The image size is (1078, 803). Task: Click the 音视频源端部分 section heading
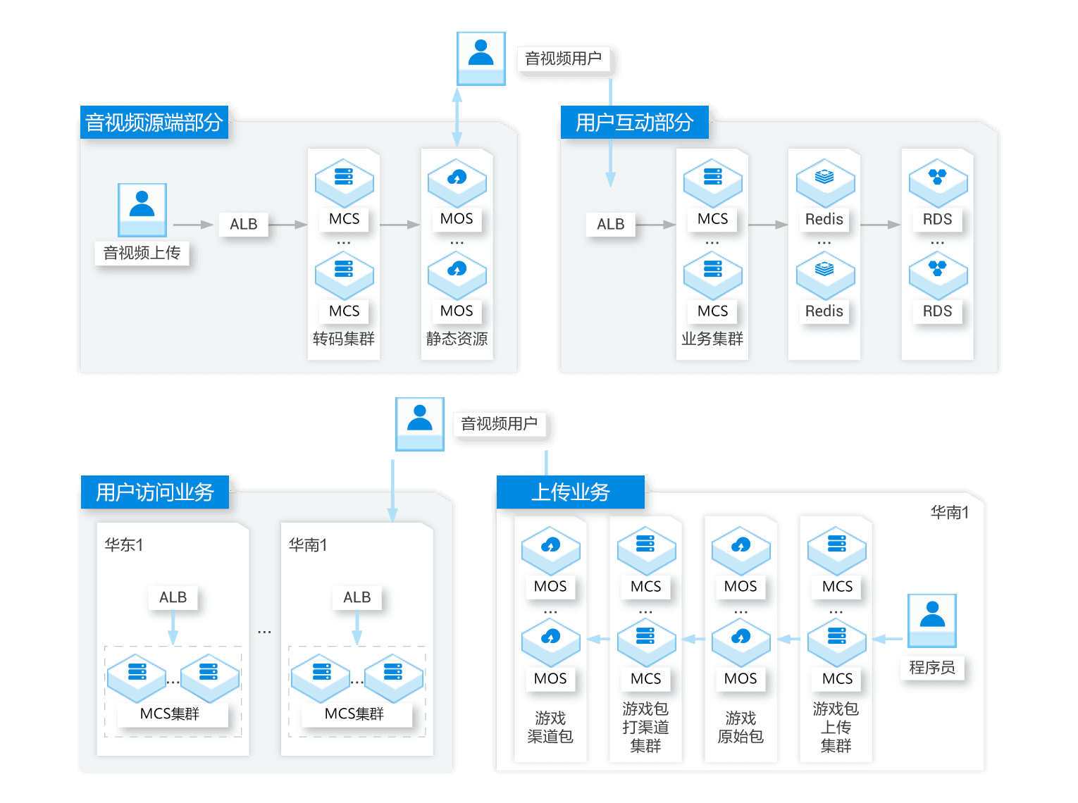click(x=154, y=123)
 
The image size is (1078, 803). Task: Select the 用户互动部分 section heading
click(x=634, y=123)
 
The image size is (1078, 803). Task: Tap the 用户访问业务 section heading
click(x=154, y=492)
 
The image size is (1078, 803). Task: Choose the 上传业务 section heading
click(x=570, y=492)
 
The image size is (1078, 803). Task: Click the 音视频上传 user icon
click(x=142, y=209)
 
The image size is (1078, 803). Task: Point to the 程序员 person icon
click(x=931, y=620)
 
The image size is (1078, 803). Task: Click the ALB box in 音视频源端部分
click(x=244, y=224)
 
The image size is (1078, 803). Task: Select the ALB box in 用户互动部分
click(x=610, y=224)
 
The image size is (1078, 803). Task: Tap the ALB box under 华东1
click(x=173, y=597)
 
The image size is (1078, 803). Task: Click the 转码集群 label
click(x=344, y=339)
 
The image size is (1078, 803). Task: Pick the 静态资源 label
click(x=457, y=339)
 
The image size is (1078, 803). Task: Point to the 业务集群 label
click(x=712, y=339)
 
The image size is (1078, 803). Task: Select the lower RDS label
click(x=937, y=311)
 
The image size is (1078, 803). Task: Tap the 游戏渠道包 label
click(x=550, y=727)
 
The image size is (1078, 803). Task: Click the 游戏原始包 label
click(x=741, y=727)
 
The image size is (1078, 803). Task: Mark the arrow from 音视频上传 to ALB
click(x=192, y=225)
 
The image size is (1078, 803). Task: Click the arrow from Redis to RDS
click(x=880, y=225)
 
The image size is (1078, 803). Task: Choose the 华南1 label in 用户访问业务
click(x=308, y=544)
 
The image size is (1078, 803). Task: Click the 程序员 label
click(x=931, y=668)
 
